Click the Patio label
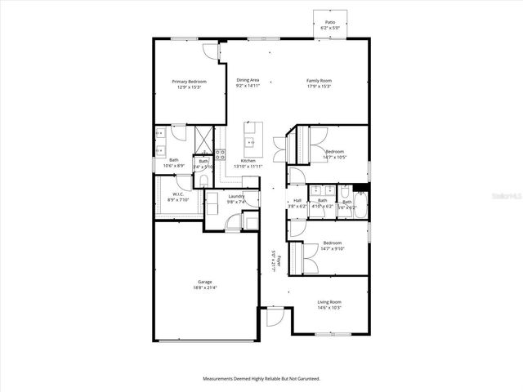click(x=330, y=23)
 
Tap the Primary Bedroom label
click(x=189, y=82)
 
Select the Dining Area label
click(x=248, y=80)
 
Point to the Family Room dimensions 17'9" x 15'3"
click(x=320, y=86)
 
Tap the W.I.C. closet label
click(x=177, y=194)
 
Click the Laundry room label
click(x=236, y=196)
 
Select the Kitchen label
click(x=248, y=161)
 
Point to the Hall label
click(x=297, y=200)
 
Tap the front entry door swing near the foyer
click(x=272, y=316)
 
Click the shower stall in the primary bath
click(x=202, y=136)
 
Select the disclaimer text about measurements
click(x=261, y=378)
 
